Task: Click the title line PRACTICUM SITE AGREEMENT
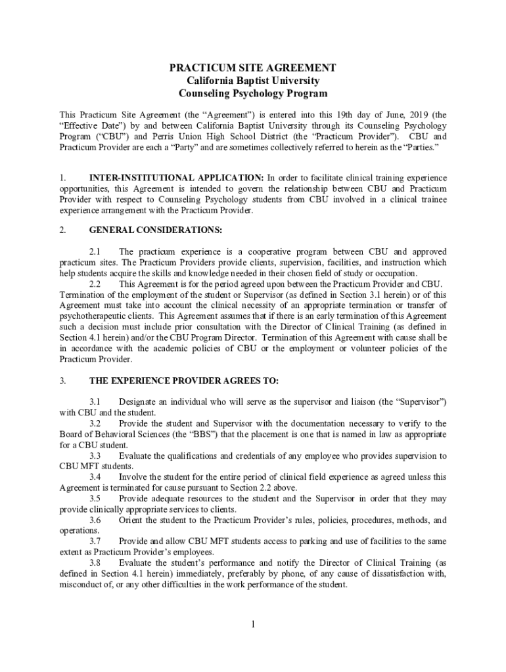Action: click(253, 68)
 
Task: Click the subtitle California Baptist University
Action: click(253, 81)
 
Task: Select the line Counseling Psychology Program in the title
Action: click(253, 94)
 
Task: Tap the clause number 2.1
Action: click(95, 252)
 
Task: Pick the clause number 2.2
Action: click(95, 283)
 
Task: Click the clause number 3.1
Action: click(95, 402)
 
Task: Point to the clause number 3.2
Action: click(95, 423)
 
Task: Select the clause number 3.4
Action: click(95, 477)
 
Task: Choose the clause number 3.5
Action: click(95, 499)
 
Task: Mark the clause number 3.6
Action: click(95, 520)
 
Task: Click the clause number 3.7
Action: click(95, 541)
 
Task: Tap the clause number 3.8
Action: click(95, 563)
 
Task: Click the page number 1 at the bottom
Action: click(252, 623)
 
